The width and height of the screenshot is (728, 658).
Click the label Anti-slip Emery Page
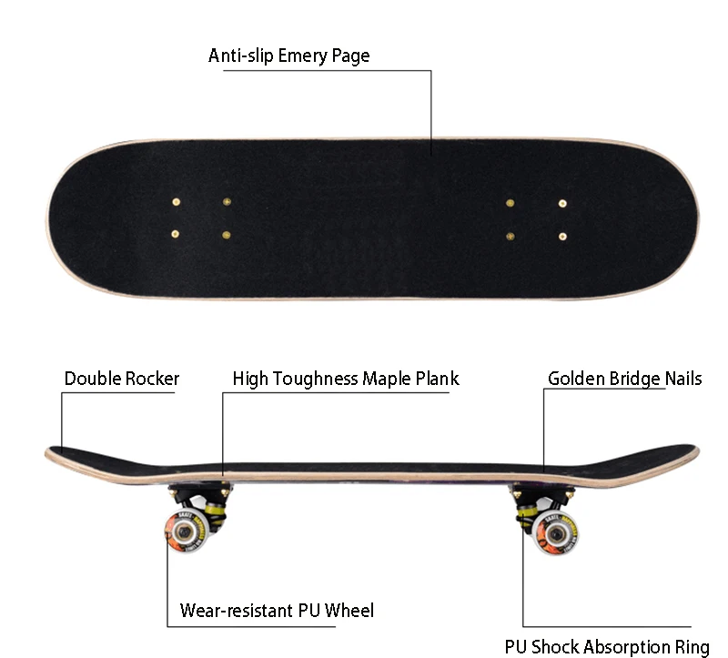pos(288,56)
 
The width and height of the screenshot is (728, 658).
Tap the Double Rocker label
pos(122,379)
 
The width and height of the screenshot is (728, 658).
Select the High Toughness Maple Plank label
pos(346,379)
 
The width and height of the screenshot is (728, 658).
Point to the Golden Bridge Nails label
pos(624,379)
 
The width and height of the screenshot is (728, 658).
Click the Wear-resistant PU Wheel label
pos(277,610)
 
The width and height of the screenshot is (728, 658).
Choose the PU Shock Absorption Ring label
pos(607,647)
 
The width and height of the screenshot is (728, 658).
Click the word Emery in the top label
pos(308,56)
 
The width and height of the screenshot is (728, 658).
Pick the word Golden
pos(577,379)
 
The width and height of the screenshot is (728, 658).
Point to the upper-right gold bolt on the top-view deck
pos(562,202)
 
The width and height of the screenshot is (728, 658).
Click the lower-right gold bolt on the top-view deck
pos(562,236)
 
